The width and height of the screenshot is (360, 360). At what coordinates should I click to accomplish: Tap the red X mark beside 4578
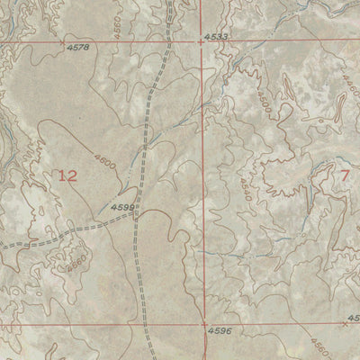[x=61, y=42]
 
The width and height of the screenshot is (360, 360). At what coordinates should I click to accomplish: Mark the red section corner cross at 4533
[x=201, y=41]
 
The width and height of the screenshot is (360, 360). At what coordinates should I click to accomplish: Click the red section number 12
[x=67, y=175]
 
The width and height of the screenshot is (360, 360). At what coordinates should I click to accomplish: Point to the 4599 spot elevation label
[x=122, y=207]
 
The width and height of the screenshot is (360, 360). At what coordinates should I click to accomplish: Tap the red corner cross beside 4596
[x=204, y=321]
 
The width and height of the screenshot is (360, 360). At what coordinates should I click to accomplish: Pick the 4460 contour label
[x=348, y=88]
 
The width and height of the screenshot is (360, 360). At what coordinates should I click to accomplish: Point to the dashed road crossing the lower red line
[x=142, y=320]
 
